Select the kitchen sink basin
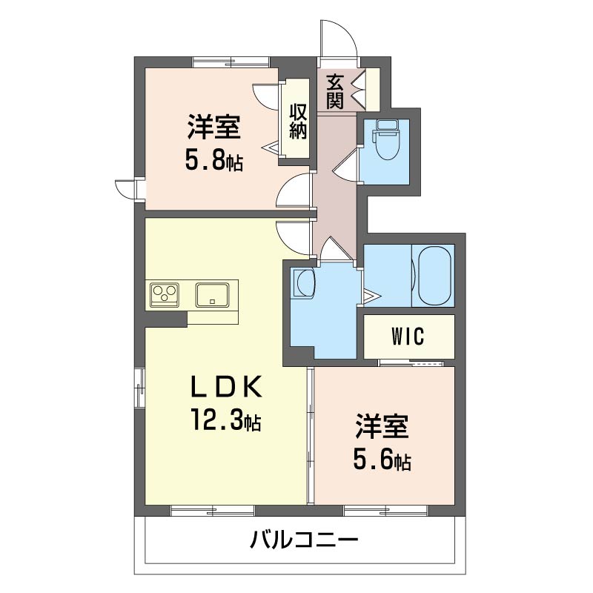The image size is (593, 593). pos(212,295)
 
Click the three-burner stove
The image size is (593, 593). pos(165,295)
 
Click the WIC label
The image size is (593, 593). pos(408,336)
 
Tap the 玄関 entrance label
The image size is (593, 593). pos(335,91)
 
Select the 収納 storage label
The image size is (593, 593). pos(298,121)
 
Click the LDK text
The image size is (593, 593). pos(226,386)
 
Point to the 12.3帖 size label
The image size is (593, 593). pos(226,420)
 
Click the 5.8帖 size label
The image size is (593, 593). pos(213,159)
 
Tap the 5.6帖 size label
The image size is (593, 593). pos(382,460)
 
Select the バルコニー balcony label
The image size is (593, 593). pos(304,540)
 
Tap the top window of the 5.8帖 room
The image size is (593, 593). pos(231,62)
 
